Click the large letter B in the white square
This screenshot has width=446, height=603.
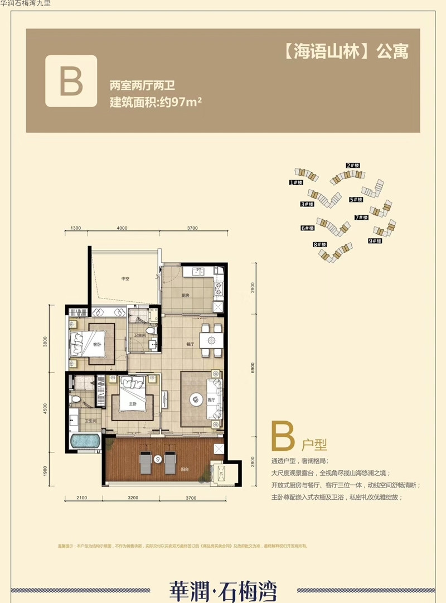tap(71, 81)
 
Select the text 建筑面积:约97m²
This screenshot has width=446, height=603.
tap(155, 103)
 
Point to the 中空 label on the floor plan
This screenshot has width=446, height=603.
tap(125, 278)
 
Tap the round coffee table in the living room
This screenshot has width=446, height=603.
tap(196, 398)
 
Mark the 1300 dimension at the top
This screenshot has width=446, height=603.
tap(76, 228)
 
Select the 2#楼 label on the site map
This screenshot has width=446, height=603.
tap(352, 166)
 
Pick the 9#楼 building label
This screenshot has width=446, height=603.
tap(374, 241)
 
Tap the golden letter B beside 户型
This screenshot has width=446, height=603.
tap(283, 436)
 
